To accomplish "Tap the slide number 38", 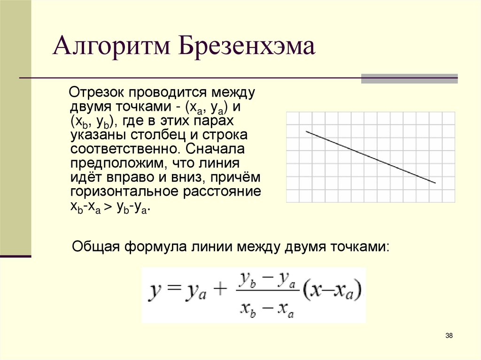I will coord(449,335).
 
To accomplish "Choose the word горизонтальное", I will coord(125,193).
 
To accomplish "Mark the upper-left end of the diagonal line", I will coord(306,131).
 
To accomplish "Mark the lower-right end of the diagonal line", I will coord(435,183).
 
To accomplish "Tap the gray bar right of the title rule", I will coord(409,78).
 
